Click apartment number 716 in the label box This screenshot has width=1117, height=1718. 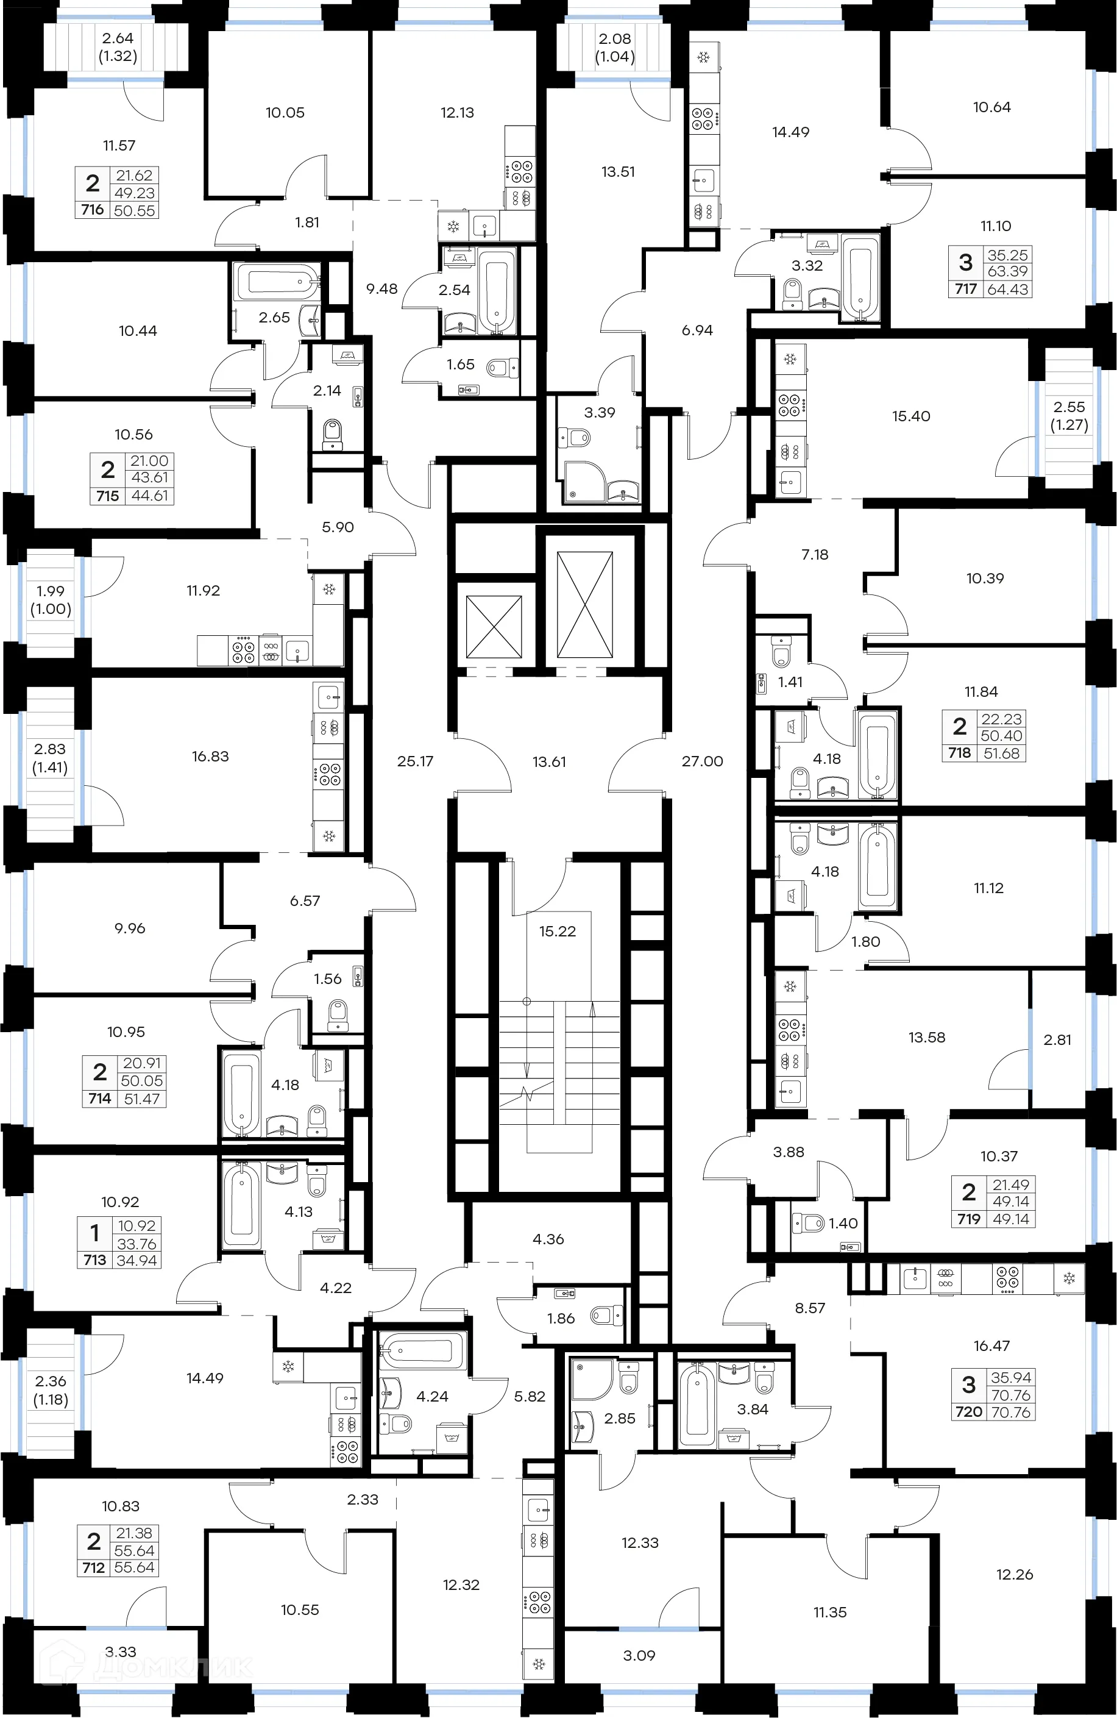pyautogui.click(x=93, y=209)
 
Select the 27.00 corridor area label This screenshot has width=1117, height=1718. pyautogui.click(x=701, y=761)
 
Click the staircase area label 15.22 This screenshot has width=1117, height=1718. pyautogui.click(x=557, y=931)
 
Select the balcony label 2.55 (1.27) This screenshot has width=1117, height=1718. pyautogui.click(x=1069, y=416)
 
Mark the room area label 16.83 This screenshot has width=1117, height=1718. pyautogui.click(x=210, y=757)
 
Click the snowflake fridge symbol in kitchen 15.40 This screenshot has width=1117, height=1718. pyautogui.click(x=789, y=358)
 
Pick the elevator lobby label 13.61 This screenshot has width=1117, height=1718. pyautogui.click(x=548, y=761)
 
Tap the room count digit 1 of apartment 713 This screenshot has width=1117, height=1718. pyautogui.click(x=94, y=1234)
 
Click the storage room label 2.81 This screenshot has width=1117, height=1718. pyautogui.click(x=1057, y=1039)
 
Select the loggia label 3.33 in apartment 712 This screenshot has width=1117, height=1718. pyautogui.click(x=121, y=1652)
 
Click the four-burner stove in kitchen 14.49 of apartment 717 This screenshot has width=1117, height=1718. pyautogui.click(x=703, y=119)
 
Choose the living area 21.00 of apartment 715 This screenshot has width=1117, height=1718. pyautogui.click(x=149, y=460)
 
